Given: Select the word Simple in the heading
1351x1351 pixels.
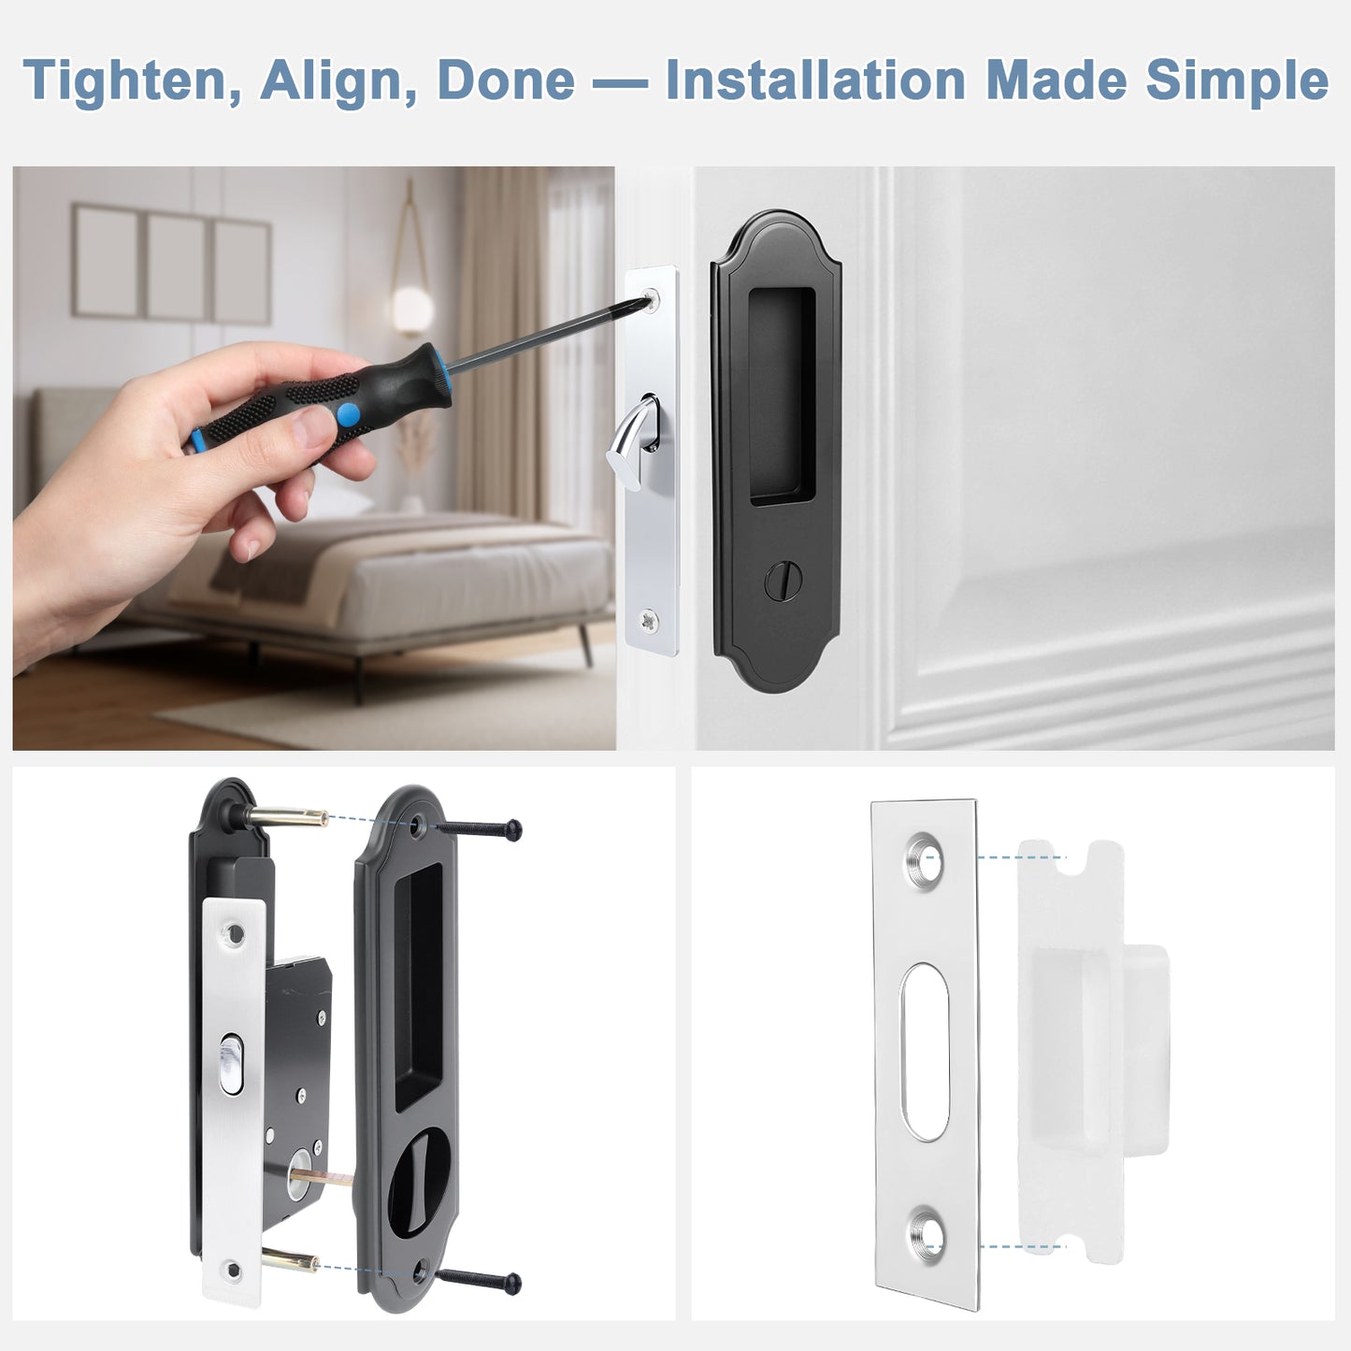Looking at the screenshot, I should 1236,81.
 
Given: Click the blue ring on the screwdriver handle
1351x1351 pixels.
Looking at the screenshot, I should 349,414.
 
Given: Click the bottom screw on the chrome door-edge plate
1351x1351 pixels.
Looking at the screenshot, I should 648,618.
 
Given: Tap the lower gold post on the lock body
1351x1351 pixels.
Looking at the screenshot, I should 290,1261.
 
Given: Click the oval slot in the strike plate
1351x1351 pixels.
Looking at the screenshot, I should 925,1052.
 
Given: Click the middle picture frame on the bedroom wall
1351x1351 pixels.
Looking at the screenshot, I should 176,266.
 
